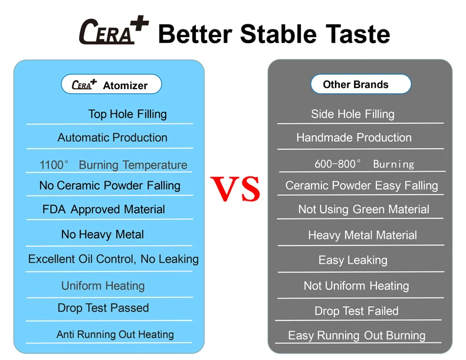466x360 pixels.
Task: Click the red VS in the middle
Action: click(x=235, y=188)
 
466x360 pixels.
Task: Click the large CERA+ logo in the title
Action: click(x=114, y=30)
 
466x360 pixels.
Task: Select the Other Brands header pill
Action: click(x=361, y=84)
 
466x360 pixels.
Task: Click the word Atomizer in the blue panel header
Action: click(x=125, y=86)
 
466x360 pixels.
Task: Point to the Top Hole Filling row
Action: click(x=127, y=114)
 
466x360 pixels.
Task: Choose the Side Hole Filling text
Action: click(x=353, y=114)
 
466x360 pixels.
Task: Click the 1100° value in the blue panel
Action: click(x=54, y=165)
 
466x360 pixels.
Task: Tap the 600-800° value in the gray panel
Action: click(x=337, y=164)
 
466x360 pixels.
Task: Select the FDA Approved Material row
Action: click(x=103, y=210)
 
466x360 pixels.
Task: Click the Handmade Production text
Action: click(x=354, y=138)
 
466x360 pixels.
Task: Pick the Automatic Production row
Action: click(x=112, y=138)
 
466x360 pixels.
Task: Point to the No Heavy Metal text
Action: click(x=103, y=234)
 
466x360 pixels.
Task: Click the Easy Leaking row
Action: click(x=353, y=260)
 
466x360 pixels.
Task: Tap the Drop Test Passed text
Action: click(x=103, y=308)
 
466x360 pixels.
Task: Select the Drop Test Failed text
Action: click(x=356, y=311)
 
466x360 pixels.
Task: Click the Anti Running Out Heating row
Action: click(x=115, y=335)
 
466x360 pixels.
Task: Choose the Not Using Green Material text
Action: click(x=363, y=210)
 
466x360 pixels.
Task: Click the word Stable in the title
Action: click(x=278, y=34)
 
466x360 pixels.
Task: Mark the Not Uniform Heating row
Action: click(x=356, y=286)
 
